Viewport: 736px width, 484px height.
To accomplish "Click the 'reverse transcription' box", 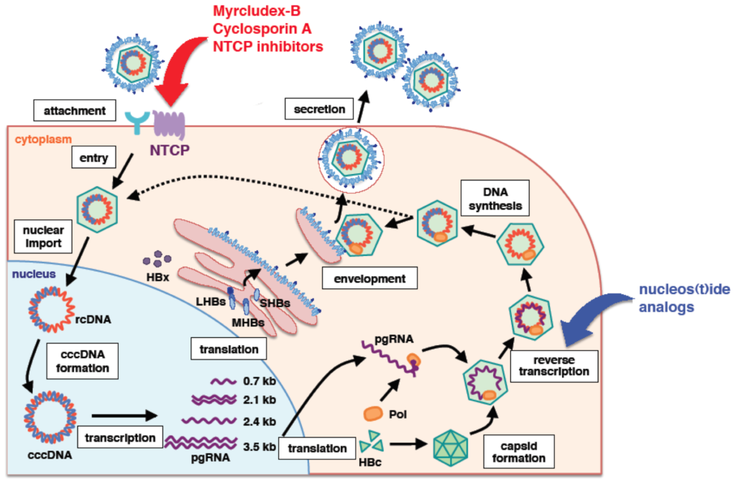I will pos(556,364).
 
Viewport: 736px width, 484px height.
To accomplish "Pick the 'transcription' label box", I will pos(119,437).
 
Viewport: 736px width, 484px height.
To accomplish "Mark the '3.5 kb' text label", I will pos(259,446).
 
